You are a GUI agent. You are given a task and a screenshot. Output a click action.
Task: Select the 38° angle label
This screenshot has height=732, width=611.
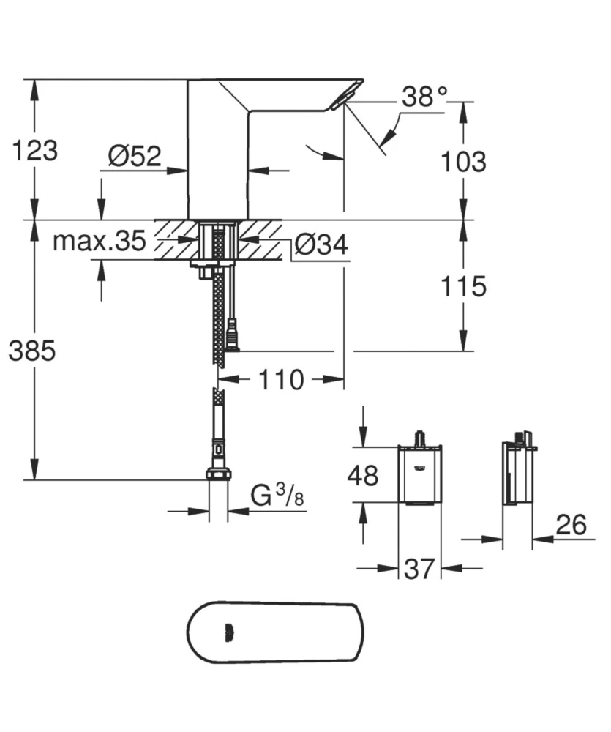[424, 97]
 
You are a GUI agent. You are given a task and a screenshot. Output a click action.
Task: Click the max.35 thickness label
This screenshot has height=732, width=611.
[99, 241]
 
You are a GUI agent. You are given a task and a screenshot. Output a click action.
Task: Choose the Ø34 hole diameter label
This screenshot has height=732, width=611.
[322, 245]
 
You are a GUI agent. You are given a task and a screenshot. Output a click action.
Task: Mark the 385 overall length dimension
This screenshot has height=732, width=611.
[32, 351]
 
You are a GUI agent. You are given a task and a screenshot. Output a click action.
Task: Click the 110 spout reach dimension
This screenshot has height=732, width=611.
[281, 379]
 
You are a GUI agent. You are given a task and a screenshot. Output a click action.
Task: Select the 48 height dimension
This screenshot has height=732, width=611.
[363, 476]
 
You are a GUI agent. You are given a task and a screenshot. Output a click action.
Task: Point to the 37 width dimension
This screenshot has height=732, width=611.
[420, 569]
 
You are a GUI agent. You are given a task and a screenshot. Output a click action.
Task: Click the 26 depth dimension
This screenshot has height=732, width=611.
[571, 524]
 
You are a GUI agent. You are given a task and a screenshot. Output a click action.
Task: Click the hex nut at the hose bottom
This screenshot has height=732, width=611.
[217, 474]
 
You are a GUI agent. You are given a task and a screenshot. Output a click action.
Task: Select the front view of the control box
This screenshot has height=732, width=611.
[419, 474]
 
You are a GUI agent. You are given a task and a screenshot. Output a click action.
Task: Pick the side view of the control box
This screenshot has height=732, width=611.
[517, 474]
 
